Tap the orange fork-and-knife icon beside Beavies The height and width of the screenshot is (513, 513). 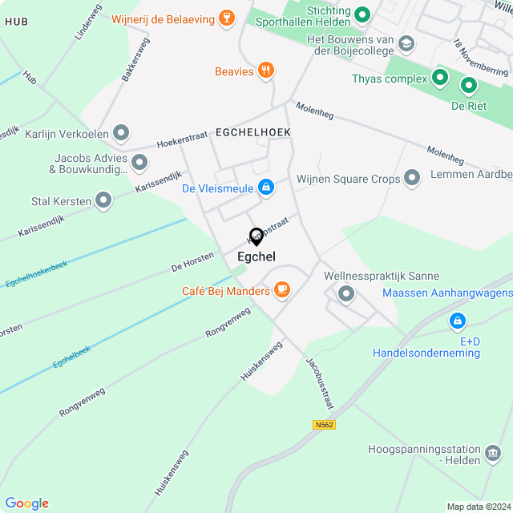point(267,71)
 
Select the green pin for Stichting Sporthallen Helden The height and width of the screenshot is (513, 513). point(362,14)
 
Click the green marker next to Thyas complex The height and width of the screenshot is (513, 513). point(439,78)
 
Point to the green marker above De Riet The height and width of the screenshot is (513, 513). point(468,85)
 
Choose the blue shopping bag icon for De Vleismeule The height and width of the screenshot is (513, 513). point(266,188)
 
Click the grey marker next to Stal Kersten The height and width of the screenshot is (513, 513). point(103,200)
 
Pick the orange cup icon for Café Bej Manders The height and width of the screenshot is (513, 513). point(281,290)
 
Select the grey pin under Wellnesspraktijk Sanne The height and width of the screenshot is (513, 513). point(346,294)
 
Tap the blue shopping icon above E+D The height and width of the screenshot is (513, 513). point(457,321)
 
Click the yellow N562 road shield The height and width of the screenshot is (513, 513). point(323,424)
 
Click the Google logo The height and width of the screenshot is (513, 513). point(26,503)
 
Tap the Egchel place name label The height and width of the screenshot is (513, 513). point(256,256)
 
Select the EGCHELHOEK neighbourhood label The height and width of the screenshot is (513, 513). point(252,131)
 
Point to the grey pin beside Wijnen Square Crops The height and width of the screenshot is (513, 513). point(412,178)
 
